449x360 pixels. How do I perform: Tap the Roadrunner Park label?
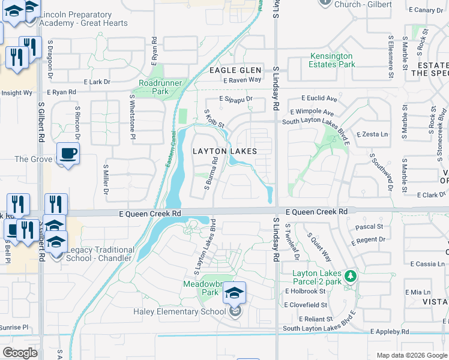click(x=152, y=87)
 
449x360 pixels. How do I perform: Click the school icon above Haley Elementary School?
click(x=235, y=293)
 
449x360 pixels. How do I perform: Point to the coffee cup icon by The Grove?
click(x=68, y=153)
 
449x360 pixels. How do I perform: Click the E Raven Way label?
click(x=242, y=80)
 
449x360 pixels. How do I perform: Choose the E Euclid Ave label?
click(x=319, y=98)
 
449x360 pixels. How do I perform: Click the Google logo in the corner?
click(x=19, y=353)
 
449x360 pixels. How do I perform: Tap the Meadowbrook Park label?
click(x=202, y=287)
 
